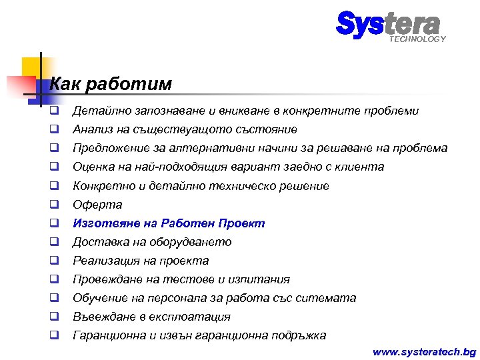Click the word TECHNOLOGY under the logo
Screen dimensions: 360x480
pos(417,39)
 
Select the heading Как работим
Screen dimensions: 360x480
pos(111,84)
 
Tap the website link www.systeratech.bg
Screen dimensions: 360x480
pos(424,351)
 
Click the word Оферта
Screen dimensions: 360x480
pos(97,205)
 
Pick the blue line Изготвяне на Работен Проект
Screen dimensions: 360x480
pos(169,223)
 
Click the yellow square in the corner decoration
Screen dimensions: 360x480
pos(31,67)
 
